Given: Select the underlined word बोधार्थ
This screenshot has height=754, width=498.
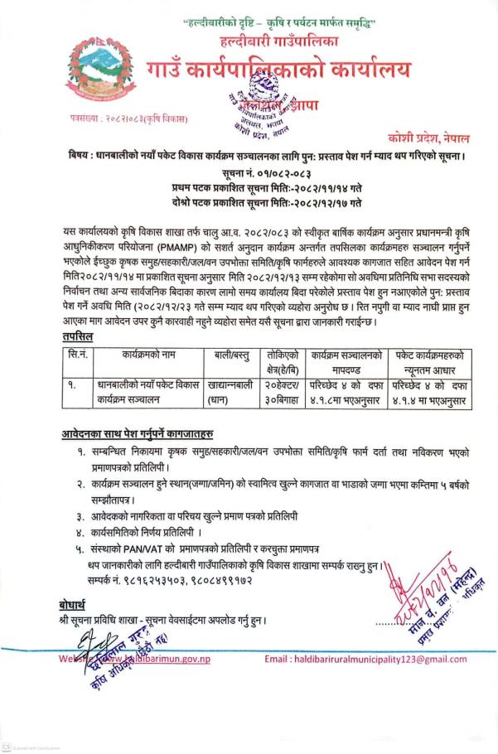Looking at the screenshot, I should coord(79,605).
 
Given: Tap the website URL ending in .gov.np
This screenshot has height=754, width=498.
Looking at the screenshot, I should coord(164,660).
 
